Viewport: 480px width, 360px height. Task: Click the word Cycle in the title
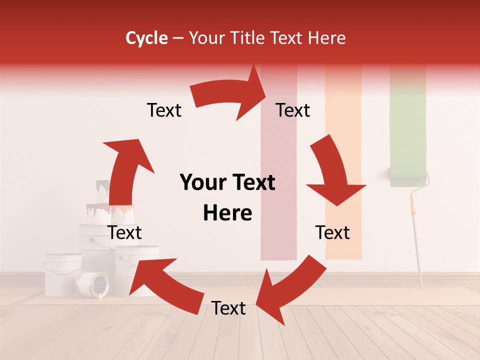tap(146, 38)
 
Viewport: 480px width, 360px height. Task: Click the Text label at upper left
tap(164, 110)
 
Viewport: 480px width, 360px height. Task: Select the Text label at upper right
tap(293, 110)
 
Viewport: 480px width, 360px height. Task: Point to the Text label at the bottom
tap(228, 308)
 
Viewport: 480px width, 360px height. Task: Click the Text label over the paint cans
tap(125, 232)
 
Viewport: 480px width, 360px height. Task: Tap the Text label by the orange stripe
tap(332, 232)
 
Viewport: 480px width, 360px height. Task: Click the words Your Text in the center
tap(227, 183)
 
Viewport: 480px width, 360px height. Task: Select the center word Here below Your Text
tap(227, 213)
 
